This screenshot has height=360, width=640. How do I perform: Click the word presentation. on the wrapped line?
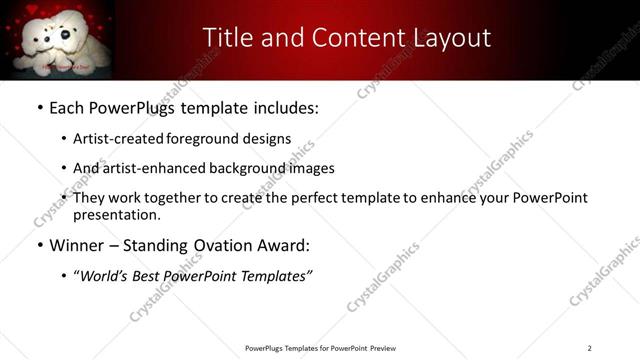(117, 215)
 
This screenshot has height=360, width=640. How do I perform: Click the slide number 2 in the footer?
(589, 348)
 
